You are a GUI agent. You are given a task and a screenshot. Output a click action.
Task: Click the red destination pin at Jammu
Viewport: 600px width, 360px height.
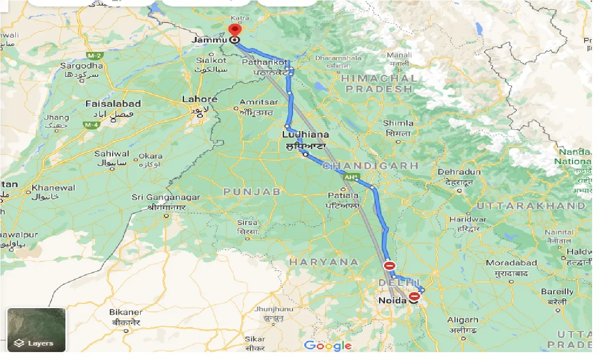(234, 30)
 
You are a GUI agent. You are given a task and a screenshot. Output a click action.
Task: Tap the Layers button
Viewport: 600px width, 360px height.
(36, 330)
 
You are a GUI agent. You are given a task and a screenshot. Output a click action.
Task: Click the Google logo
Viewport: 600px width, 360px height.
(328, 346)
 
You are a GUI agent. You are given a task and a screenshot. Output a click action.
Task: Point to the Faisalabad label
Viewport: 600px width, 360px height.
(113, 103)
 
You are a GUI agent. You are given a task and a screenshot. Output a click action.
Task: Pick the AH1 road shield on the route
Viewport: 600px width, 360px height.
(350, 177)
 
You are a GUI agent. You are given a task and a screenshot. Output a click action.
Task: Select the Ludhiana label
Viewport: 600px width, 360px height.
(305, 135)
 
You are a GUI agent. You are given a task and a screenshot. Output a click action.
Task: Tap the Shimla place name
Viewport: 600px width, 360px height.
(398, 123)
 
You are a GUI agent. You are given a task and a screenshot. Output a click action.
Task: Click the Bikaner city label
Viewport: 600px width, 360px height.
(125, 312)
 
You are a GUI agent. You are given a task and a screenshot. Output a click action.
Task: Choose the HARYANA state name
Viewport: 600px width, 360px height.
(323, 262)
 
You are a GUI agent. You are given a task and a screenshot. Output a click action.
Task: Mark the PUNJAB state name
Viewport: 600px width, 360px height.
(252, 192)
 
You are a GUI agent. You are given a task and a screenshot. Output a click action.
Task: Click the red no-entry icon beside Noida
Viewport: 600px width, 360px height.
(414, 296)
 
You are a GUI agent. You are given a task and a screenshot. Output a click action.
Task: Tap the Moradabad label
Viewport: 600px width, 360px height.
(511, 263)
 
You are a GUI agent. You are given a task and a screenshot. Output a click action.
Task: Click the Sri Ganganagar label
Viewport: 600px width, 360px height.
(166, 198)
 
